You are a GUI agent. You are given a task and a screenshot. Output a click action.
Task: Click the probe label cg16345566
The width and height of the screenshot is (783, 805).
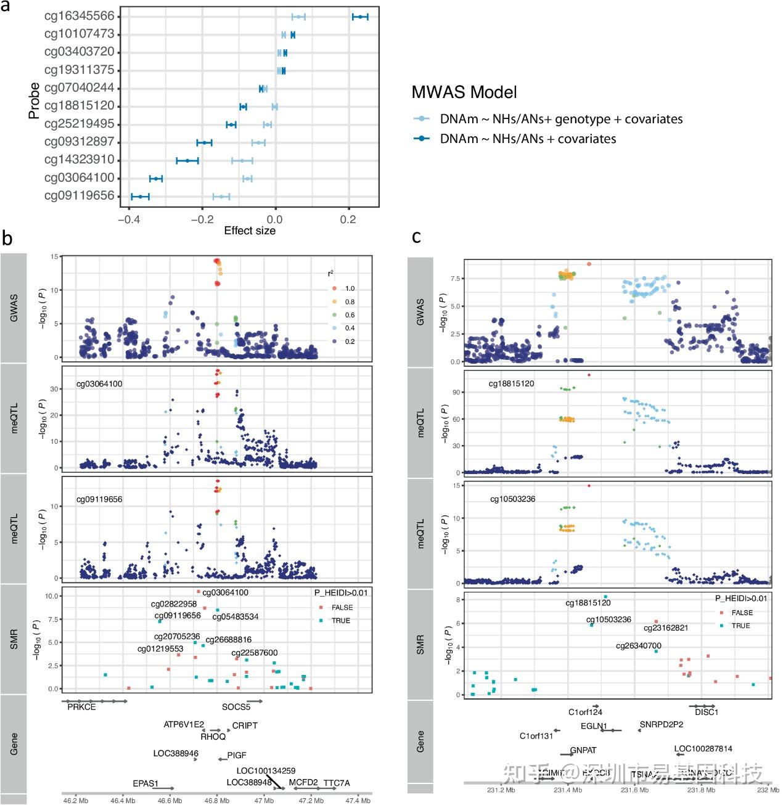pos(79,16)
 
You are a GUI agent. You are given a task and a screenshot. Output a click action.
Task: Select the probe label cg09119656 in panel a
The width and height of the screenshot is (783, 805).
pos(79,196)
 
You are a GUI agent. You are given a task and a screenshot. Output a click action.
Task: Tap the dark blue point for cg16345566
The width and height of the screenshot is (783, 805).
pos(360,17)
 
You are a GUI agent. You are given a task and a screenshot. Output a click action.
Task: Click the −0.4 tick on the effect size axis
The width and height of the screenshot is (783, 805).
pos(128,219)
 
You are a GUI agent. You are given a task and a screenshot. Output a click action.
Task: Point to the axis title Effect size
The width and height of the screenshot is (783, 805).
pos(250,231)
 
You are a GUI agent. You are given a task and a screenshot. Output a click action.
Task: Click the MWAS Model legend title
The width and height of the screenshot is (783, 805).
pos(464,92)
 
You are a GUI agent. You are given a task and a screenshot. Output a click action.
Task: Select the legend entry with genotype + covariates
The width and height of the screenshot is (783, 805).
pos(561,119)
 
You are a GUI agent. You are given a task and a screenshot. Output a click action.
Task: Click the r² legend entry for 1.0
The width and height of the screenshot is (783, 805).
pos(350,288)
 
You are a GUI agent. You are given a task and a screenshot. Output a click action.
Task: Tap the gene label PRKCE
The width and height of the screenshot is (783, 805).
pos(81,707)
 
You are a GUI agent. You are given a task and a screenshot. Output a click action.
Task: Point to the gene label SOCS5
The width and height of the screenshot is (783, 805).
pos(236,707)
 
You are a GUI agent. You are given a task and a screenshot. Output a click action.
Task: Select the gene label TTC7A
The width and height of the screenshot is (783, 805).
pos(336,783)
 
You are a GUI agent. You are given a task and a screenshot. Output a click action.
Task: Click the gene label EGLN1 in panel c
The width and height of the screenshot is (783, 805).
pos(594,726)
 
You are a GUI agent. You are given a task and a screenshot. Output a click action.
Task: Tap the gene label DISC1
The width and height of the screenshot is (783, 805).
pos(706,712)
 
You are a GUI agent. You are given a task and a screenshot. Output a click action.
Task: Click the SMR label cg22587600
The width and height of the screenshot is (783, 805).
pos(254,653)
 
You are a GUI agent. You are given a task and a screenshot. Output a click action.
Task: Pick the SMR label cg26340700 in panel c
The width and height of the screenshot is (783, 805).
pos(638,646)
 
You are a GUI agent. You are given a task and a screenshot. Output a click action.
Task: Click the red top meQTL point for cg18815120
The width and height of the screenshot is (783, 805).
pos(589,375)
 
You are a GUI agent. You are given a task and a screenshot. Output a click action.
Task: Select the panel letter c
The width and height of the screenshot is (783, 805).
pos(417,237)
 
